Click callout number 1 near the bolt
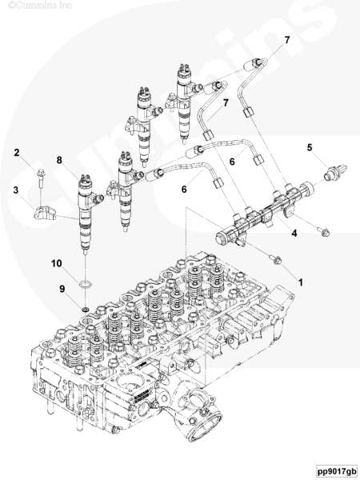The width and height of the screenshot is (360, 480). point(301,282)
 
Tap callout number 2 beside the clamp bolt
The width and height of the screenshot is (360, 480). point(17,153)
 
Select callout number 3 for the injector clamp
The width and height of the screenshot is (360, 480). point(16,190)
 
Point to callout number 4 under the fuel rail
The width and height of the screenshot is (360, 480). point(294,234)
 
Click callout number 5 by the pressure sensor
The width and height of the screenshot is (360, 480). point(310,147)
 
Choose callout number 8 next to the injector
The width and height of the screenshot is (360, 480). point(59,160)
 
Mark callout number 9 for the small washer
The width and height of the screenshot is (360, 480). point(62,289)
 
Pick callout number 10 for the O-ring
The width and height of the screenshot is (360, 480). point(56,263)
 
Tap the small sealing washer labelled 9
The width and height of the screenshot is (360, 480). point(86,309)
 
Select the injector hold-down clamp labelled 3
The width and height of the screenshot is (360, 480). point(44,213)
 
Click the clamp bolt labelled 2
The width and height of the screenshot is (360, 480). point(41,178)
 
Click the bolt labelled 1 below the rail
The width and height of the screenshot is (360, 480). point(276,259)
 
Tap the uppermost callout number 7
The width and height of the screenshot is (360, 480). point(287,40)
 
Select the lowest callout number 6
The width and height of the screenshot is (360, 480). point(184,189)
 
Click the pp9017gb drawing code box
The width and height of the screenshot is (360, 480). point(337,470)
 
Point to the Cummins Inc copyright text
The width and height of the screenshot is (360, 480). point(40,5)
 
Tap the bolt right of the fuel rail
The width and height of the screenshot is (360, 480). point(323,231)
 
